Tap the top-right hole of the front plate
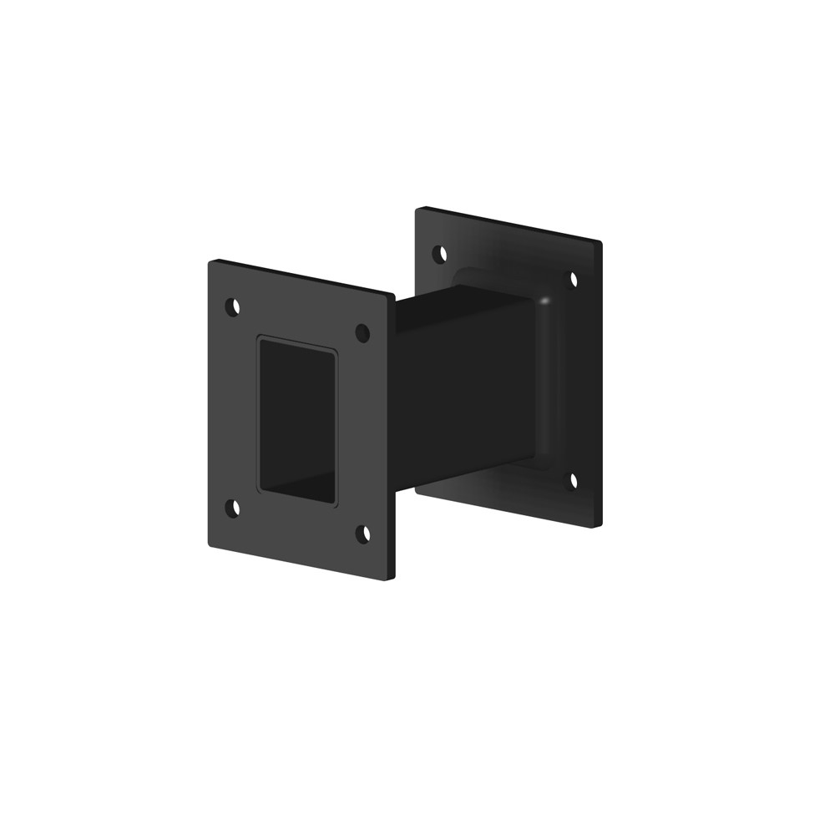(362, 333)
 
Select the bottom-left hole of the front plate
(234, 508)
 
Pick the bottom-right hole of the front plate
(363, 534)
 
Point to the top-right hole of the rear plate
(574, 279)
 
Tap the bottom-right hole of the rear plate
(573, 480)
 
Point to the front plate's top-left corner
(210, 262)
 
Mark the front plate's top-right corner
(392, 294)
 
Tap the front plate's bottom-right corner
(391, 579)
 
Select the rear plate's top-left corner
(417, 208)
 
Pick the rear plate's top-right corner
(600, 243)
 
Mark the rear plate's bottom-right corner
(599, 525)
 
